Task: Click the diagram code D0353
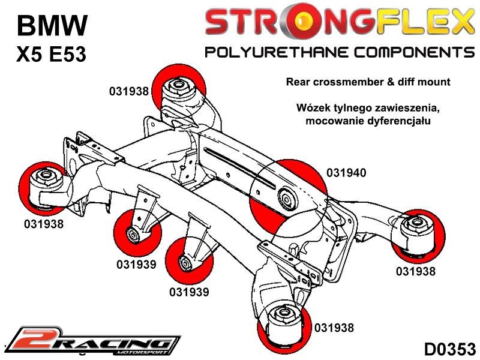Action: click(449, 349)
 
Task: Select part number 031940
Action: click(346, 173)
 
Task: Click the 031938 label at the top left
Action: click(128, 92)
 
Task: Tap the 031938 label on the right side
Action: click(416, 271)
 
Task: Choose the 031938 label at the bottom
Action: click(334, 328)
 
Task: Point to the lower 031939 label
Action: click(189, 292)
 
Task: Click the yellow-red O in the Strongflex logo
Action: click(307, 23)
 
